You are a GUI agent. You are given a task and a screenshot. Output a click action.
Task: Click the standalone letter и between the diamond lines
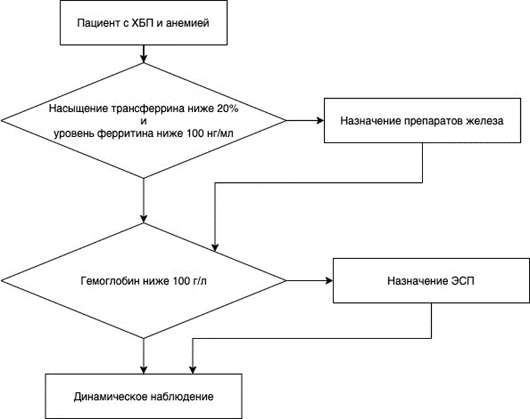tap(143, 121)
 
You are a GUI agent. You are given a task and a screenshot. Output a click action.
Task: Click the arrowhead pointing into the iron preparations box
tap(320, 121)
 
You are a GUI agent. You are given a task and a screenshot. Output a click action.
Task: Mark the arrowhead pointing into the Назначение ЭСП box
tap(329, 281)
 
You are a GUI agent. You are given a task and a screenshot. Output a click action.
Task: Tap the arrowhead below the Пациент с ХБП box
tap(143, 59)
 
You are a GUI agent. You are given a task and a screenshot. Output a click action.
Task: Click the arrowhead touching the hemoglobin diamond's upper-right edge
tap(216, 247)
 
